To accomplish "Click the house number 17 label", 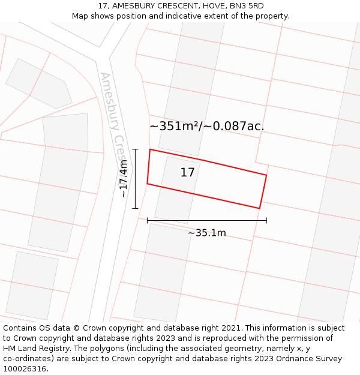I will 187,173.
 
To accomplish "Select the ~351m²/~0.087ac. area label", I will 206,126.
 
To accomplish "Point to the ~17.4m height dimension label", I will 123,178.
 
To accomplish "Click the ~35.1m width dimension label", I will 207,233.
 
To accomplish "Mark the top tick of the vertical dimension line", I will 136,149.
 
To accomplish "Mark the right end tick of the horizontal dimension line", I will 266,220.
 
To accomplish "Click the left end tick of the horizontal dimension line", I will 148,220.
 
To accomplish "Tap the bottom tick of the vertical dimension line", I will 136,208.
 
